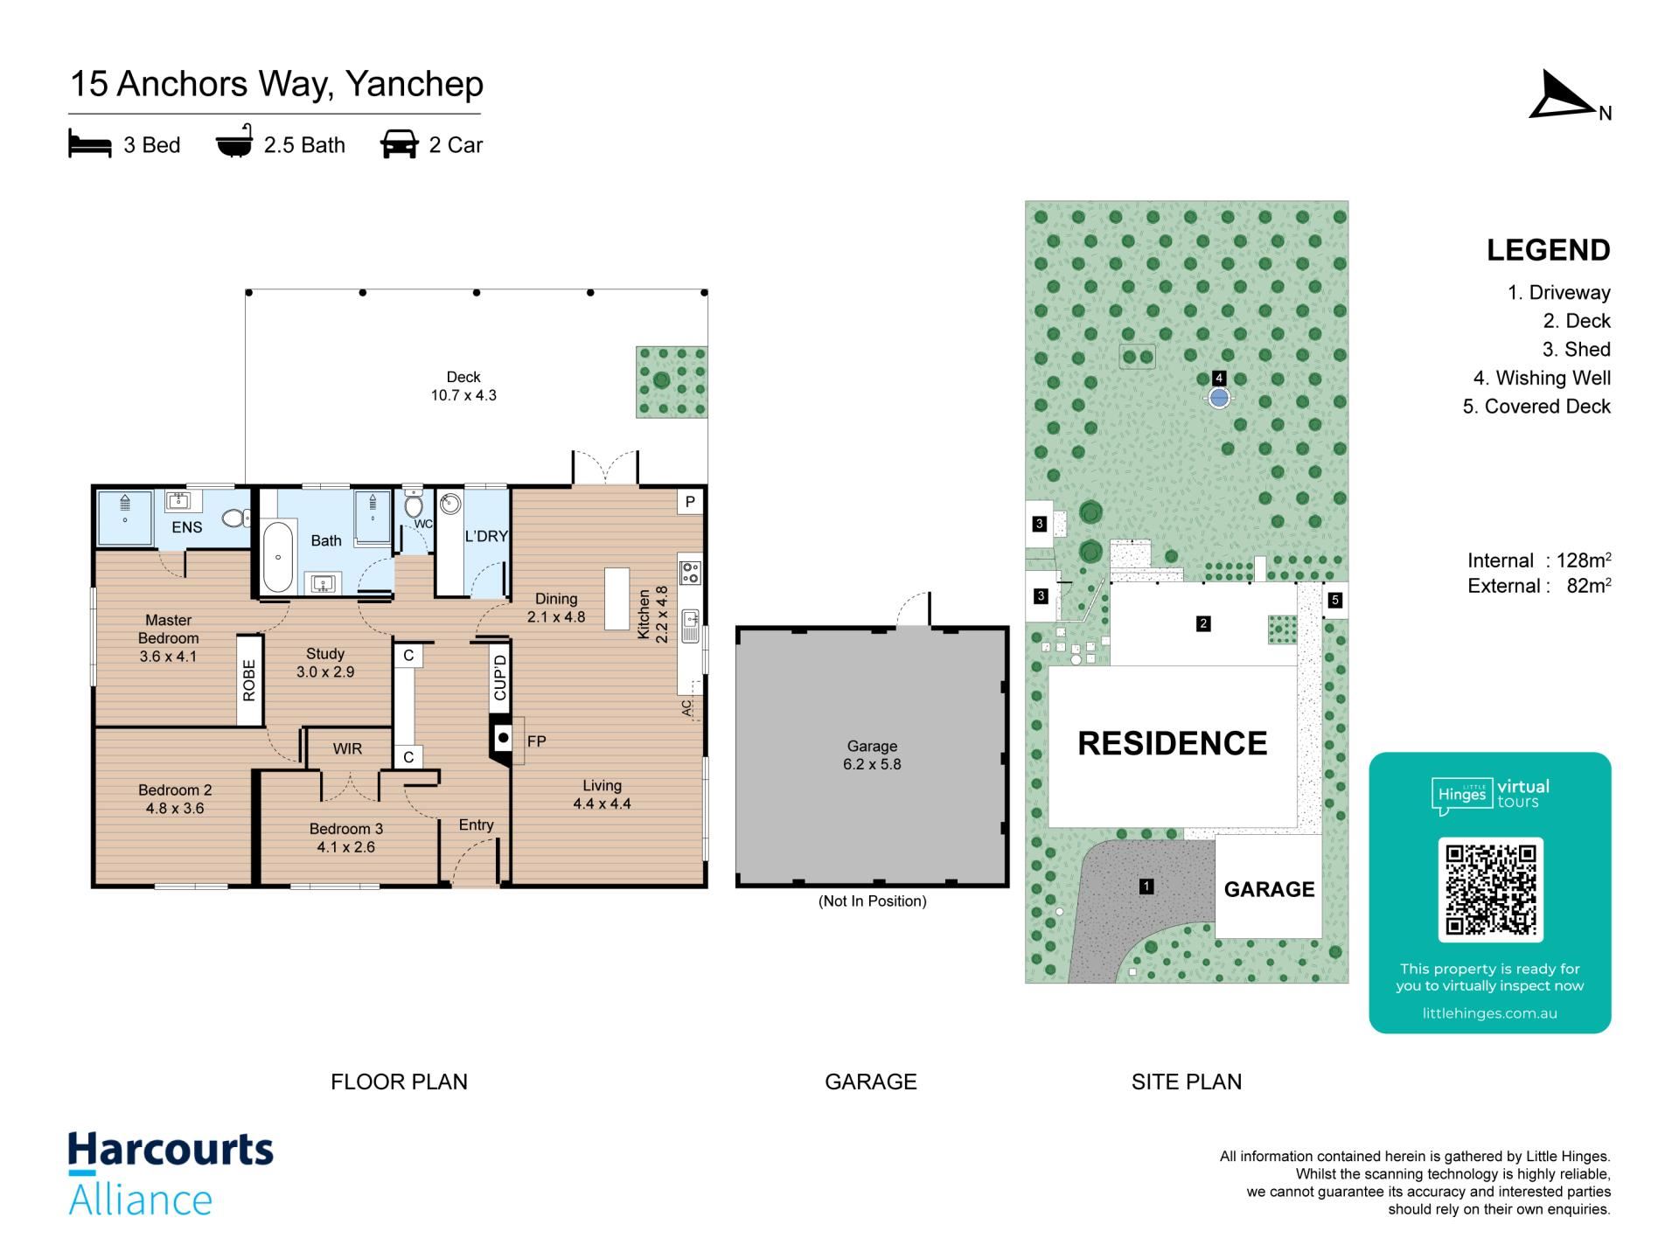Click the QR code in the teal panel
coord(1490,889)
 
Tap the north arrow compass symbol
coord(1564,95)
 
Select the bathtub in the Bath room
coord(278,557)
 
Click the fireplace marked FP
coord(503,739)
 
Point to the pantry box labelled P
coord(690,502)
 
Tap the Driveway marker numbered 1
coord(1146,887)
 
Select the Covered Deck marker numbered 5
coord(1334,600)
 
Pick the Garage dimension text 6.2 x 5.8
coord(872,764)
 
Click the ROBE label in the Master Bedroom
coord(249,680)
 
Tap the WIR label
coord(347,749)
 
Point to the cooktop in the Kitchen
coord(690,573)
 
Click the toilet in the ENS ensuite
coord(235,518)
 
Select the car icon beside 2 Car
coord(399,144)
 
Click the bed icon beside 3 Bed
coord(90,144)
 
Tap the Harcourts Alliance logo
coord(171,1173)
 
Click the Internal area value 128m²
coord(1584,560)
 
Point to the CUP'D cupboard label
coord(500,678)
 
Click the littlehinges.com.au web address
coord(1490,1013)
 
